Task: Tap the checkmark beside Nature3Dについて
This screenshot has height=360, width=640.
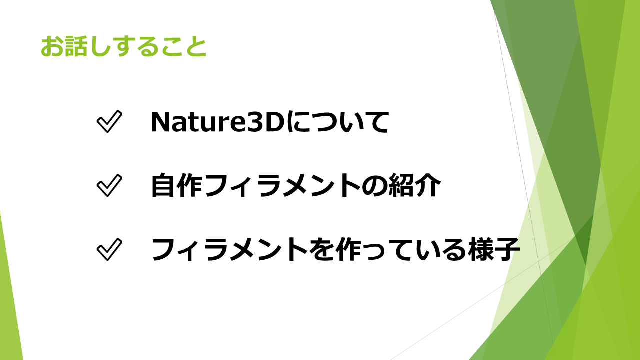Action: tap(109, 122)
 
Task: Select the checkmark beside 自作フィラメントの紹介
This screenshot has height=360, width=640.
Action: tap(109, 185)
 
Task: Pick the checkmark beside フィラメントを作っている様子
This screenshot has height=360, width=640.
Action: tap(109, 249)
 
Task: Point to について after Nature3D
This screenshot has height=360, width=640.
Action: tap(337, 122)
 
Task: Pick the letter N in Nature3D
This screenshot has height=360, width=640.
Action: tap(161, 122)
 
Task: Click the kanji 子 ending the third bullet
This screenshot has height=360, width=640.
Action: tap(507, 249)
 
